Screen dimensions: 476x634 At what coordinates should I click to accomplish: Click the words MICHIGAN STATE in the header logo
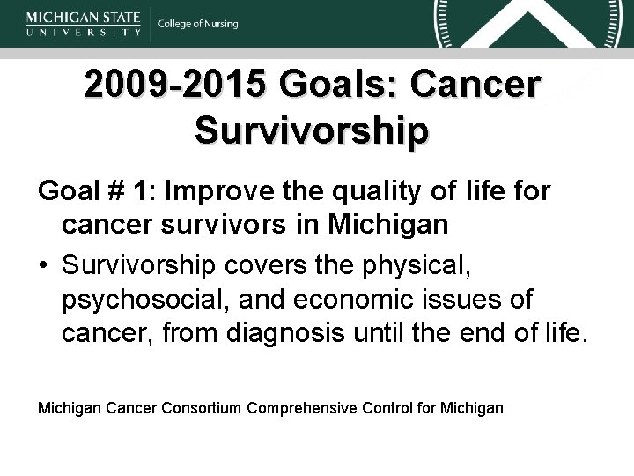tap(84, 16)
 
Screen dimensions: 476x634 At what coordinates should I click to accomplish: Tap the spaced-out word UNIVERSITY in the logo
tap(84, 32)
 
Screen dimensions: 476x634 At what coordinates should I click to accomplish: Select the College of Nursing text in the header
tap(198, 24)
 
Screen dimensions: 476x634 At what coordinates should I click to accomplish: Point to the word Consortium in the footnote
tap(203, 407)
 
